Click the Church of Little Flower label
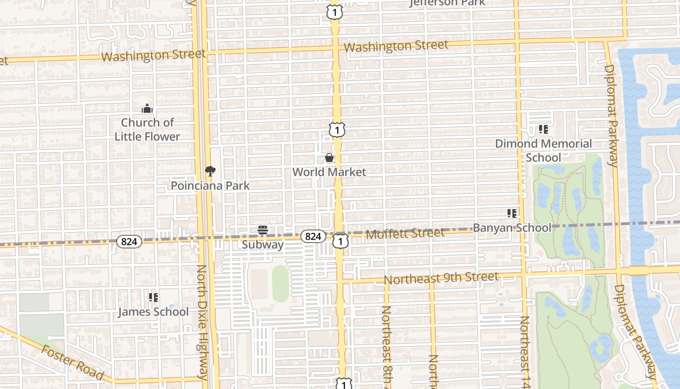[147, 129]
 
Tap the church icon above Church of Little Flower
[147, 108]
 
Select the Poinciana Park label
[210, 186]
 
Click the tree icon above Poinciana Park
[210, 171]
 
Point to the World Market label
[329, 172]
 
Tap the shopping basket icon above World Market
[329, 158]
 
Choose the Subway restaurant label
[263, 245]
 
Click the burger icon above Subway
[263, 230]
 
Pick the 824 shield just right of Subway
[313, 236]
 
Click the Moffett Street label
[405, 234]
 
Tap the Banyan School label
[512, 228]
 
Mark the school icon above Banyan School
[511, 213]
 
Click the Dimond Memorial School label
[544, 150]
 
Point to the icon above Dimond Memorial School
[544, 129]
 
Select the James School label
[153, 312]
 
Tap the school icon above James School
[153, 297]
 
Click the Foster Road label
[72, 362]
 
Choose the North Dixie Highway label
[204, 322]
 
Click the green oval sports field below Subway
[280, 283]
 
